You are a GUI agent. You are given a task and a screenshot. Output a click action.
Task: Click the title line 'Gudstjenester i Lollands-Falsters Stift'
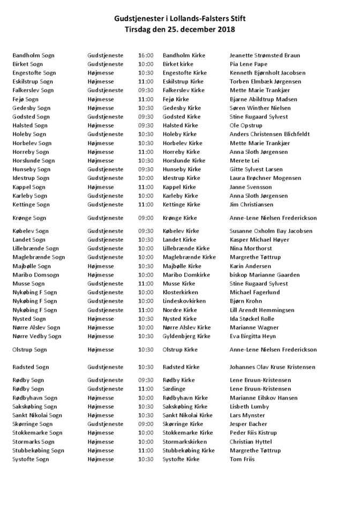coord(179,19)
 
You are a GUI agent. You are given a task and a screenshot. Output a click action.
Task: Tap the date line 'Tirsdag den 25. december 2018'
coord(179,30)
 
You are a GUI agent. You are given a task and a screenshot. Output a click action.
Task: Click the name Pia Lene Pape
coord(249,64)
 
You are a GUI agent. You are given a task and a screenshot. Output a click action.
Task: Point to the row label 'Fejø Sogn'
coord(25,99)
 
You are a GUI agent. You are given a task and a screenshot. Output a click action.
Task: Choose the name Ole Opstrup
coord(246,125)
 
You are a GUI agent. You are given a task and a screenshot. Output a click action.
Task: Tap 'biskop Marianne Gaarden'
coord(264,275)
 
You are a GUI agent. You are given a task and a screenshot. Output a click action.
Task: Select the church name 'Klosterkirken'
coord(180,293)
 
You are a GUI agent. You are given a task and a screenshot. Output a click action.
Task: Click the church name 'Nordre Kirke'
coord(179,310)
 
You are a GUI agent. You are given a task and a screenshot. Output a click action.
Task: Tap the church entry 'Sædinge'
coord(174,389)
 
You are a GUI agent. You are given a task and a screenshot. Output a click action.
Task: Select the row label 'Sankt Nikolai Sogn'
coord(37,415)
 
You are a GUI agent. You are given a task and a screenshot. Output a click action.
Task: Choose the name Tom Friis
coord(243,459)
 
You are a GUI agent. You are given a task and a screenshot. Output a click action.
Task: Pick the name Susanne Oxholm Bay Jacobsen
coord(271,231)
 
